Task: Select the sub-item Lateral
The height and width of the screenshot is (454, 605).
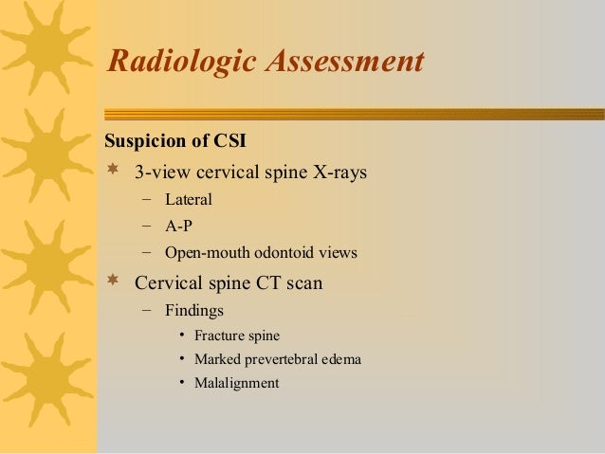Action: tap(188, 200)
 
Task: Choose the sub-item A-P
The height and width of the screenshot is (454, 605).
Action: tap(179, 227)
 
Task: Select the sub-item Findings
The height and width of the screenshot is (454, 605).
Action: tap(194, 309)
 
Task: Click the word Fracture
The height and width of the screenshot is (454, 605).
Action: tap(219, 335)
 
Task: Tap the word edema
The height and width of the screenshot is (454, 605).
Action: tap(342, 359)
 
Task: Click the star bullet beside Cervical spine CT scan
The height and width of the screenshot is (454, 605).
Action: tap(113, 281)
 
